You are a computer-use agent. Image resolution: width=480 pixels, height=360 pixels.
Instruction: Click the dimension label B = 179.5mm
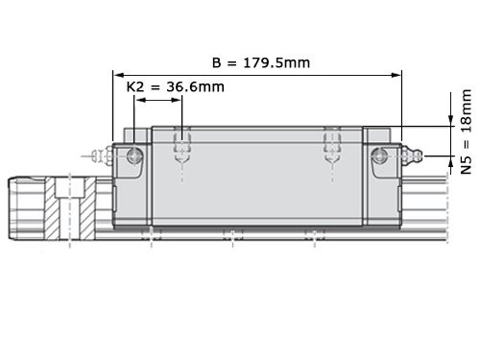click(261, 62)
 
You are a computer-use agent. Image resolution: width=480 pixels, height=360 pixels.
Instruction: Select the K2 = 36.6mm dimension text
click(176, 87)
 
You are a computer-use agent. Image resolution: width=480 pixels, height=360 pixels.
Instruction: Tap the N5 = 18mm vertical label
click(466, 132)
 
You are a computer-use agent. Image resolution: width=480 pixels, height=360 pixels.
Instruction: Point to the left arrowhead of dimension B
click(119, 75)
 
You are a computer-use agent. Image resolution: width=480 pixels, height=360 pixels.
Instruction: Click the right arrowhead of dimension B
click(396, 75)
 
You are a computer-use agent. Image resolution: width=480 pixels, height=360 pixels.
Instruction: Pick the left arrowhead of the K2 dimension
click(140, 100)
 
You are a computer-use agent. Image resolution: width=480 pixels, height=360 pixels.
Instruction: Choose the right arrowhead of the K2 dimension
click(177, 100)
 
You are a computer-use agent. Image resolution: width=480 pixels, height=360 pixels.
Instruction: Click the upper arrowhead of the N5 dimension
click(450, 121)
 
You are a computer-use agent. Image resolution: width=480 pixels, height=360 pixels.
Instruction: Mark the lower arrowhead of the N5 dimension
click(450, 162)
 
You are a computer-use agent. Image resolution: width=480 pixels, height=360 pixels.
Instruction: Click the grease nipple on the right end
click(412, 156)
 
